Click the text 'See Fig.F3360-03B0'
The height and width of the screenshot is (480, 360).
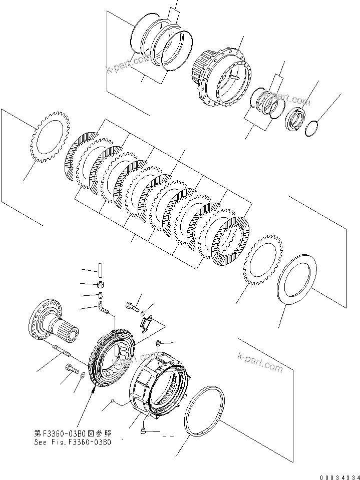[x=73, y=442]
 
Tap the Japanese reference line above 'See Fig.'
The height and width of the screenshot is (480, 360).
[x=73, y=433]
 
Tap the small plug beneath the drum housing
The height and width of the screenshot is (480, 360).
[x=143, y=430]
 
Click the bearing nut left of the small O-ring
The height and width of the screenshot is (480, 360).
[x=293, y=120]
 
